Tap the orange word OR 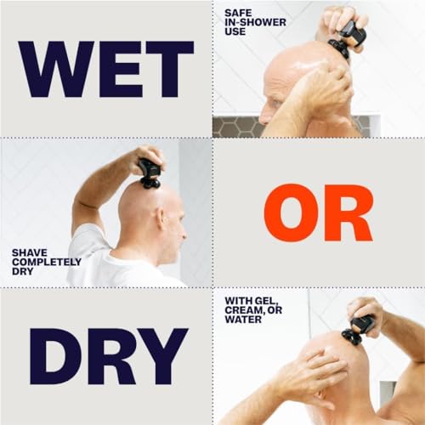318,212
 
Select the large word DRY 106,354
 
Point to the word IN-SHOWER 252,22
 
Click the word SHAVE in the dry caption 27,252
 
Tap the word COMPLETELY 47,262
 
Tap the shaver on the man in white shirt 150,173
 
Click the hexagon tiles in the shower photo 238,126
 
